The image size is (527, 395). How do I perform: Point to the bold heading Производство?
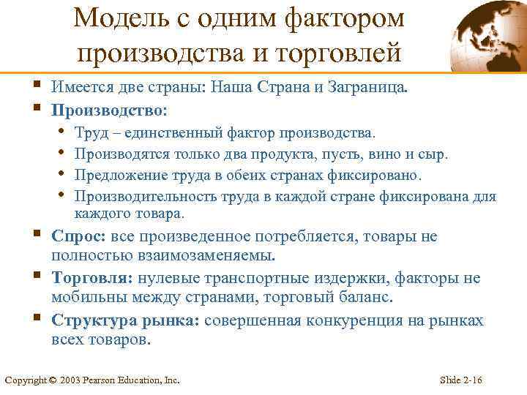pyautogui.click(x=109, y=111)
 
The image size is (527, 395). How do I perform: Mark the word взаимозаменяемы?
pyautogui.click(x=213, y=255)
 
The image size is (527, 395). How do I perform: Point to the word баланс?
pyautogui.click(x=368, y=298)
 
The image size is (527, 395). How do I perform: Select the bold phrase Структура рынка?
pyautogui.click(x=127, y=320)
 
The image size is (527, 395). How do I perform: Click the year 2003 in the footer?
pyautogui.click(x=70, y=380)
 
